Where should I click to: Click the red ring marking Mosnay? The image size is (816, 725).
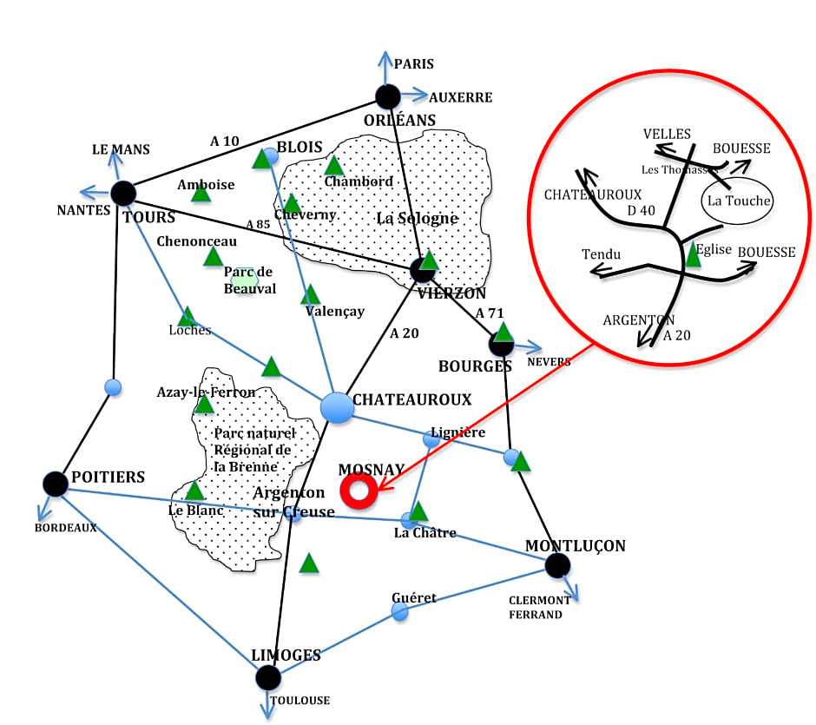358,491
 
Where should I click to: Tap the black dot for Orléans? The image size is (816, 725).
387,96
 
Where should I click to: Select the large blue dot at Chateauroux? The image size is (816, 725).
338,406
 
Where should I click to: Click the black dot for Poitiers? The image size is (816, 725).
55,484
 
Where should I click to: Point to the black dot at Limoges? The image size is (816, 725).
268,677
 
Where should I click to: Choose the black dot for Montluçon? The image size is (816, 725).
557,566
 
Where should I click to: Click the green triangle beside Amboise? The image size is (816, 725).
201,193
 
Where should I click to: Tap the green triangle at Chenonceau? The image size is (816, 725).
213,256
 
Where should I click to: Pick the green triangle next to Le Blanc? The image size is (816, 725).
194,491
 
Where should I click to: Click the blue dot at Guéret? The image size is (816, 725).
399,611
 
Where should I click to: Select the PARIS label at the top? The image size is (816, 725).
414,64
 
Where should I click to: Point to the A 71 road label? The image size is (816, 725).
490,313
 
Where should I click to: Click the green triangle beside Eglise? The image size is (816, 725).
693,254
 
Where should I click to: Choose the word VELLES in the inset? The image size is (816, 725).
667,134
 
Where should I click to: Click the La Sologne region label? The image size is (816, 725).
417,218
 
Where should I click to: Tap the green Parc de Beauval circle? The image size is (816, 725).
245,278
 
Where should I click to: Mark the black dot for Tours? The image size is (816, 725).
123,194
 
